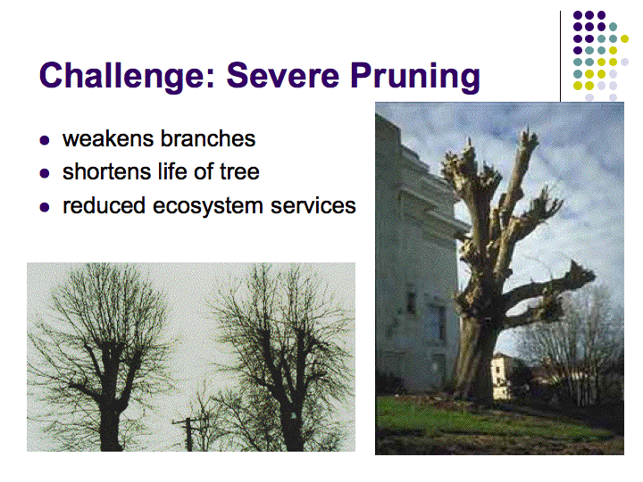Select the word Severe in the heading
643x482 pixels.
tap(282, 75)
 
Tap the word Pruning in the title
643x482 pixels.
tap(415, 77)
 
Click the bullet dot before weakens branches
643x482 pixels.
tap(45, 141)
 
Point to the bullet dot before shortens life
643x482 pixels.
tap(45, 173)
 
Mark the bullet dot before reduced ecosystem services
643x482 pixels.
tap(45, 207)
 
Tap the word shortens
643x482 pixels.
tap(109, 171)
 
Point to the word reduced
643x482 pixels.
tap(104, 205)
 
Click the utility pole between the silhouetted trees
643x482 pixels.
tap(188, 434)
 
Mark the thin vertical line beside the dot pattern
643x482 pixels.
tap(560, 56)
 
